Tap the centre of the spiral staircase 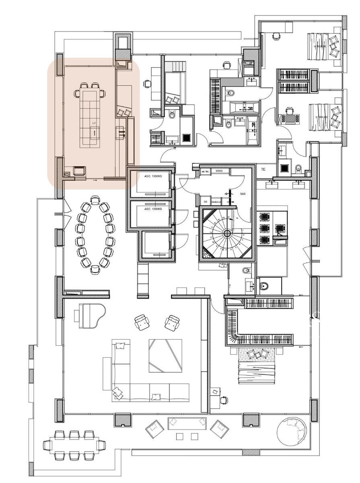[227, 233]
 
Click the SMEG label [219, 171]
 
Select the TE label [264, 169]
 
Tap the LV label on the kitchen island [94, 122]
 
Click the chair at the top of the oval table [95, 200]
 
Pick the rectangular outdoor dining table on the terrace [74, 445]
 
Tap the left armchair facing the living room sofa [141, 322]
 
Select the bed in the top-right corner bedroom [324, 46]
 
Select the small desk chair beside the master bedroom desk [224, 400]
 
